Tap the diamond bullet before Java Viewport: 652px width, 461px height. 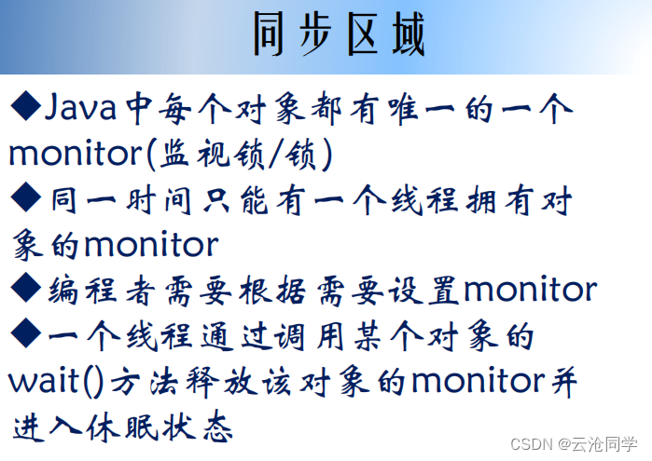(24, 108)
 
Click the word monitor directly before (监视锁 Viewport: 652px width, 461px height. (78, 155)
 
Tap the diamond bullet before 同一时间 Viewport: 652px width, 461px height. (24, 198)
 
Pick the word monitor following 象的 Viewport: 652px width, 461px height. (151, 245)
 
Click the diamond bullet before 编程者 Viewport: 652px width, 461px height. (24, 290)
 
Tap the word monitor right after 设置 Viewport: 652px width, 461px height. (529, 291)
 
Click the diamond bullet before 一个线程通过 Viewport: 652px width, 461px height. (24, 335)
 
